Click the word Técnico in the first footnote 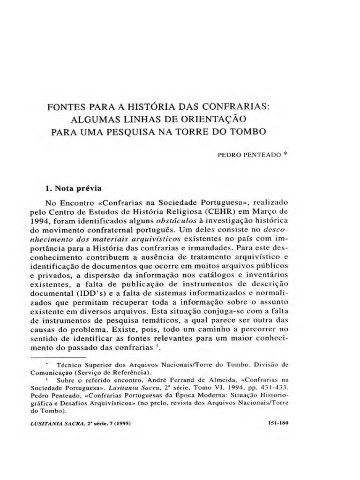[x=70, y=364]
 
